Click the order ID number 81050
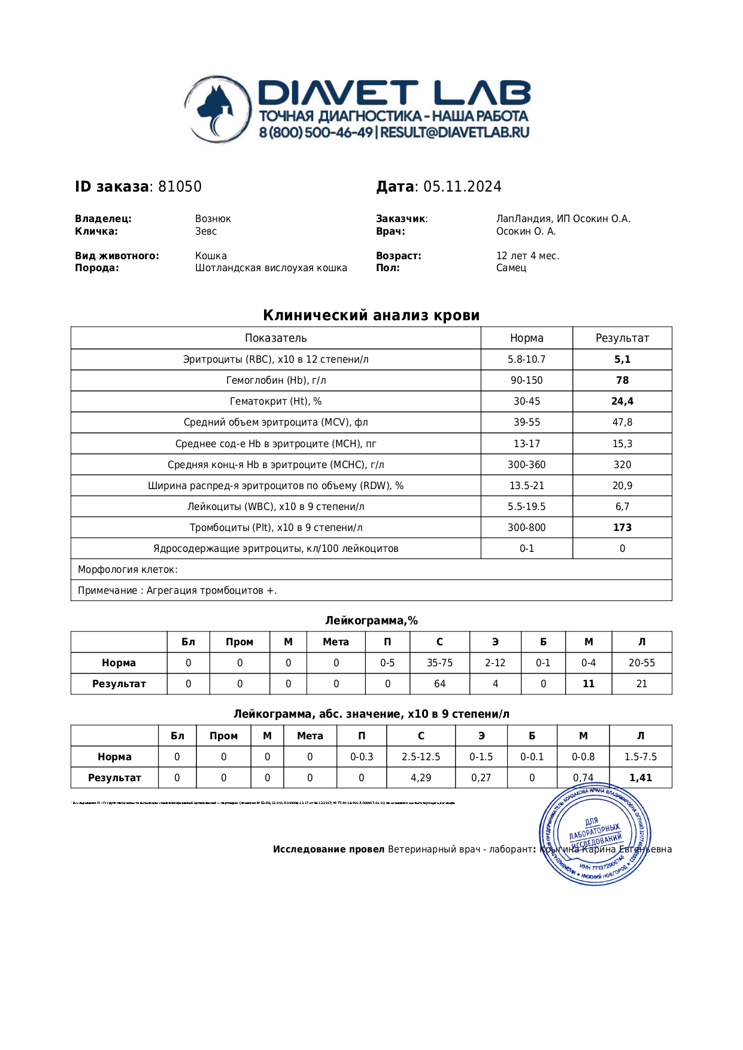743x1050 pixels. pos(180,187)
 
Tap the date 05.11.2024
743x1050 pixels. pos(462,187)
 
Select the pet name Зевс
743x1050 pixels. pos(206,231)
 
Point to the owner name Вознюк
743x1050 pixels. pos(213,219)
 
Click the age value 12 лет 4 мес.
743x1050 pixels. pos(527,256)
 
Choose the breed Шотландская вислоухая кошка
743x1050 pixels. pos(271,268)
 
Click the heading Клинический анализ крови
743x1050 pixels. pos(371,315)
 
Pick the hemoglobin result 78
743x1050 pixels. pos(622,380)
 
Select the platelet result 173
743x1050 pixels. pos(622,527)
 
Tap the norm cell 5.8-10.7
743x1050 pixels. pos(526,359)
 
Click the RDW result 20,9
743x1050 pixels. pos(622,485)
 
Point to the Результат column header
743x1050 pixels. pos(622,338)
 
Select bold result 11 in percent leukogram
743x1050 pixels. pos(589,684)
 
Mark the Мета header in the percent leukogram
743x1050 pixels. pos(336,642)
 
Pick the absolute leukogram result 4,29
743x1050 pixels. pos(421,778)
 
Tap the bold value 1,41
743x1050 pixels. pos(641,778)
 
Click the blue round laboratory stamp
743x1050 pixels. pos(595,837)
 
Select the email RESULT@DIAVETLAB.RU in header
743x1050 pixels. pos(454,132)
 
